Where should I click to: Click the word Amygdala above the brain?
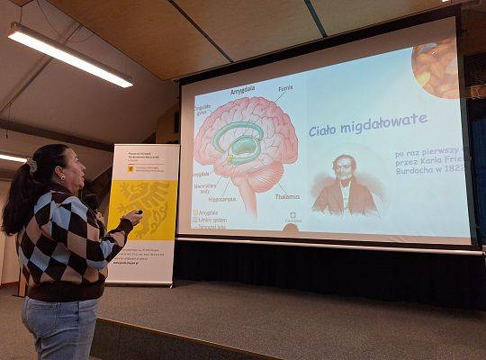click(x=242, y=91)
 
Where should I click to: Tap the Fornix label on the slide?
click(x=285, y=88)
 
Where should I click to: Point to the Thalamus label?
click(x=287, y=196)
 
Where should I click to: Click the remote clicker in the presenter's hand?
click(x=138, y=213)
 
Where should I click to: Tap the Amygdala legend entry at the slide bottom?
click(x=208, y=212)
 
